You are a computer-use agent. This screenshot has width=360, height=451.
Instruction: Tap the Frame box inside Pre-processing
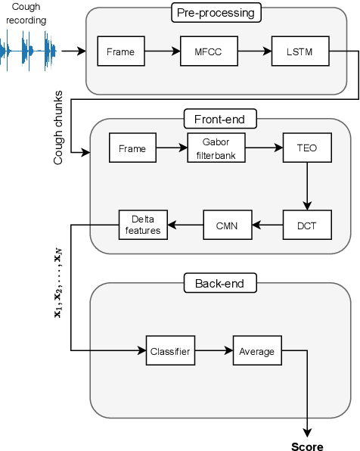point(121,51)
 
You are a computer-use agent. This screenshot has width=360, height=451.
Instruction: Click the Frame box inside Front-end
point(132,149)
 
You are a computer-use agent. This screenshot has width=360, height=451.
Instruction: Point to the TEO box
point(307,149)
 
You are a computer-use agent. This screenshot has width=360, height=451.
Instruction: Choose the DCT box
point(307,224)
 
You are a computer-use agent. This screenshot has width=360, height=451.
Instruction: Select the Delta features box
point(142,225)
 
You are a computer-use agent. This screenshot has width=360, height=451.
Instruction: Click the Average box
point(256,351)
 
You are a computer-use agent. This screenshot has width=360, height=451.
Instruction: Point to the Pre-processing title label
point(216,12)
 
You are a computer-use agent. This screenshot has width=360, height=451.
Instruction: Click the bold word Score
point(307,446)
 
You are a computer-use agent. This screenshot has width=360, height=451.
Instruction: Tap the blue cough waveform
point(28,51)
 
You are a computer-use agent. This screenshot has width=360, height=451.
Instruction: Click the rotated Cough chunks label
point(58,129)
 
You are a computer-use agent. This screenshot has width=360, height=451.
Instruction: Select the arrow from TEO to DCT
point(307,186)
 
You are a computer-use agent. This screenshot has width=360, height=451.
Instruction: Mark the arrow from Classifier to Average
point(213,351)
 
